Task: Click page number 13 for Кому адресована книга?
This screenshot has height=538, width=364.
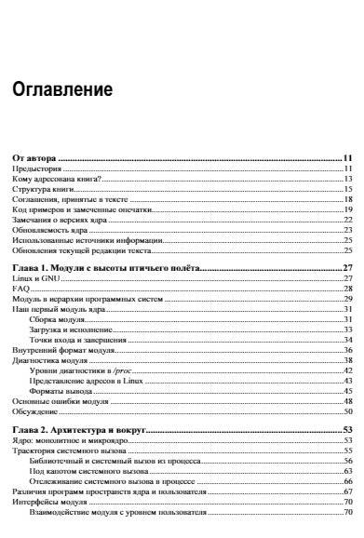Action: [345, 180]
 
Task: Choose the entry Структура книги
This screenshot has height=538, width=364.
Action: [43, 190]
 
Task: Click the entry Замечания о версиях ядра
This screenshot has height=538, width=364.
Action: [54, 220]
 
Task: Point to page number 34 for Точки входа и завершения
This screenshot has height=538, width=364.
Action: [345, 339]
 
